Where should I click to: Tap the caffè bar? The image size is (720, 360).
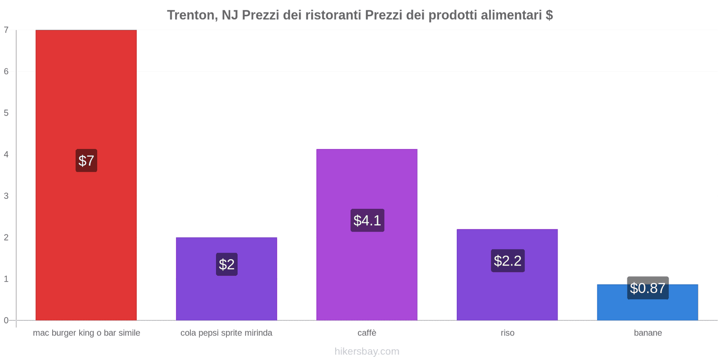point(367,180)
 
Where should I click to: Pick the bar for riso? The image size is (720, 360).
point(507,292)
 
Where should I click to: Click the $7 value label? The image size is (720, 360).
point(86,161)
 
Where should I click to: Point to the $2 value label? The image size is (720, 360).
point(227,264)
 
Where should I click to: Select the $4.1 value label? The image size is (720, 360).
point(367,220)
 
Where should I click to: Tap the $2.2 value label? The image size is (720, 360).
point(508,261)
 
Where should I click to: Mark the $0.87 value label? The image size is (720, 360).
point(648,288)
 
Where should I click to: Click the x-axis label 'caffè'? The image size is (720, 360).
point(367,333)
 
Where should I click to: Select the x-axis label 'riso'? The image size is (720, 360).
point(507,333)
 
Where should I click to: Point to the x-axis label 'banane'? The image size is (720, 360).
point(648,333)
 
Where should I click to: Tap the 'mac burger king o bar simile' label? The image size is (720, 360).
point(86,333)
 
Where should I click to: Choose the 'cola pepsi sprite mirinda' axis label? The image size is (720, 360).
point(226,333)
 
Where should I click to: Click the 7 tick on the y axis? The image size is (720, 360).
point(6,30)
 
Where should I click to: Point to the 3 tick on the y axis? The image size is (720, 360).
point(6,196)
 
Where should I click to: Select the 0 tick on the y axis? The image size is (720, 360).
point(6,320)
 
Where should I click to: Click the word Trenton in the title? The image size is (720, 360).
point(192,15)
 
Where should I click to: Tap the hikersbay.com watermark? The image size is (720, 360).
point(367,351)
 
